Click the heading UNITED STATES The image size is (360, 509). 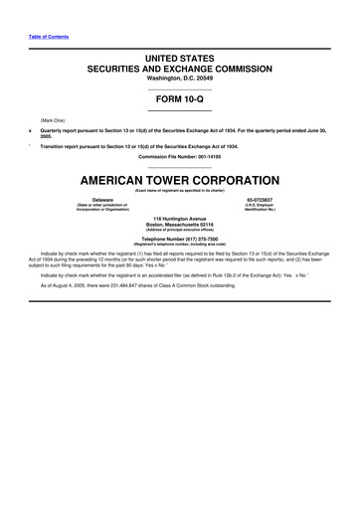click(x=180, y=61)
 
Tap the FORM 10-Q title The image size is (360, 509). click(x=180, y=101)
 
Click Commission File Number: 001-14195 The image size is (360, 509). click(x=180, y=157)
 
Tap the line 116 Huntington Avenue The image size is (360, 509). click(x=180, y=218)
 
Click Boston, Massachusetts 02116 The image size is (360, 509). click(x=180, y=224)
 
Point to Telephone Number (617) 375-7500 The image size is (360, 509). click(x=180, y=239)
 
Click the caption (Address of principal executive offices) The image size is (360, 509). click(x=180, y=230)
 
